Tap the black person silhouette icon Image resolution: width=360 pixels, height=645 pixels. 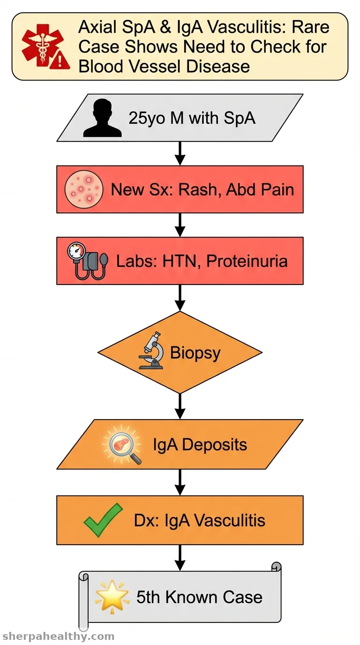point(102,118)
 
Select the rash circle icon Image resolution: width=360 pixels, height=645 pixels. point(83,189)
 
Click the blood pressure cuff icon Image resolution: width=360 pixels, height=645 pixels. point(88,261)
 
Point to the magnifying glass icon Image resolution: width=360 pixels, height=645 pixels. point(122,445)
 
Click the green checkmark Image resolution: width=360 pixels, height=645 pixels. point(103,520)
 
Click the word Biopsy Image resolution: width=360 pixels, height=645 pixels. point(195,353)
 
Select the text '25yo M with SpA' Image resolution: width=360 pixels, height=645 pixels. point(192,118)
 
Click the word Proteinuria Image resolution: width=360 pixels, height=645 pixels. point(247,261)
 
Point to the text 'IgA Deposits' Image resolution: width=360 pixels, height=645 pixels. point(200,444)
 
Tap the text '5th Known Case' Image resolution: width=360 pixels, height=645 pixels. point(199,597)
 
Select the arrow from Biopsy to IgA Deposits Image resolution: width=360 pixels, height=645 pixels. point(180,406)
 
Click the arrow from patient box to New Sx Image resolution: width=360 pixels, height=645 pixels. point(180,153)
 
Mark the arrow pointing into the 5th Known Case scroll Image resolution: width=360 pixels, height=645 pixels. point(180,558)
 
